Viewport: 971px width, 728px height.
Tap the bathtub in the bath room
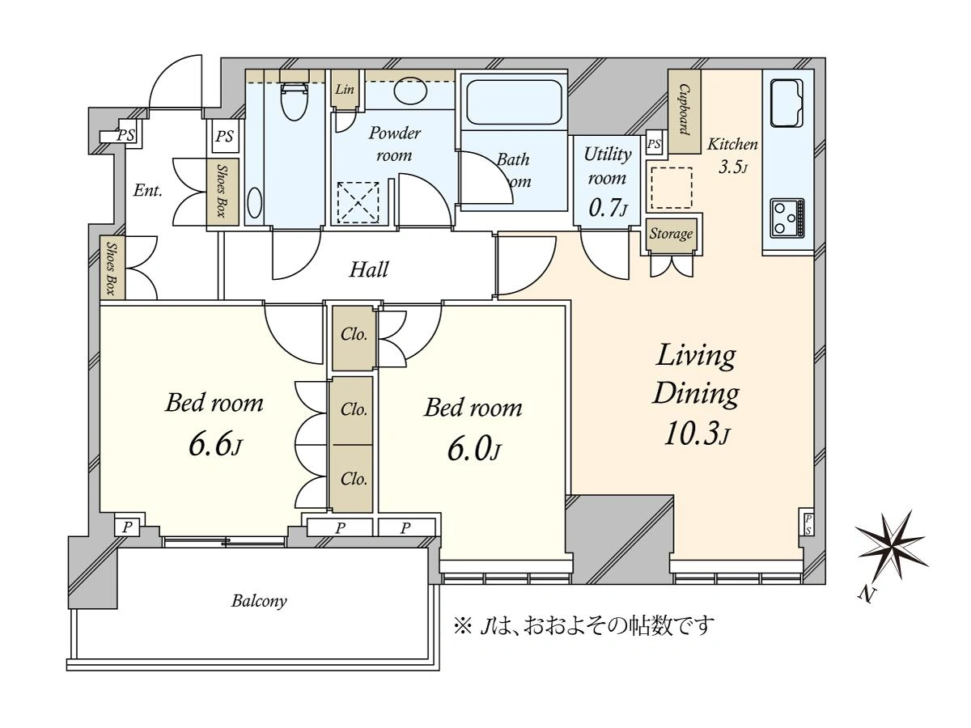pos(514,102)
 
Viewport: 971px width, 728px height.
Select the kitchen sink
pos(787,104)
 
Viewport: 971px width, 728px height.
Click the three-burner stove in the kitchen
pos(787,218)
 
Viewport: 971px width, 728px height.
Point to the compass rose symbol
pos(891,545)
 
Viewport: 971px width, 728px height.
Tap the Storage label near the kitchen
pos(671,234)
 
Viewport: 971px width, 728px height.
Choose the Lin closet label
pos(345,89)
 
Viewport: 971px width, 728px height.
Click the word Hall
pos(368,269)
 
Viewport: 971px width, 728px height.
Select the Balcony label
pos(259,601)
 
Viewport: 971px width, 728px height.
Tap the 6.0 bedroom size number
pos(469,449)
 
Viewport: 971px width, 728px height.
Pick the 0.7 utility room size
pos(604,207)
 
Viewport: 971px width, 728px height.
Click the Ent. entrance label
pos(148,191)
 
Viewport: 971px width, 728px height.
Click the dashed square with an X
pos(358,203)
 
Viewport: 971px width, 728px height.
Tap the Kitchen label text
pos(732,144)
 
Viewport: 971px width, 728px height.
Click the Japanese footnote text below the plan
pos(583,626)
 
